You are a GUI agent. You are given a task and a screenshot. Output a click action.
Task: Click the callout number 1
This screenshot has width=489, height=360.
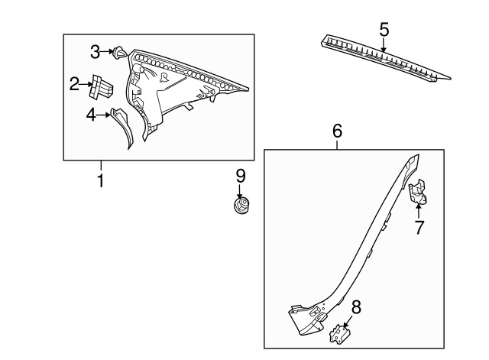click(x=100, y=180)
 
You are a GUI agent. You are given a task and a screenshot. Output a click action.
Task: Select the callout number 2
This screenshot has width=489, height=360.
click(x=74, y=84)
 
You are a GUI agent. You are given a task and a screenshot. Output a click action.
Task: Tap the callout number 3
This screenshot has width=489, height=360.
click(x=95, y=52)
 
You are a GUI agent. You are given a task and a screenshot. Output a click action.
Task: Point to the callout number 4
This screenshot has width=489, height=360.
click(x=91, y=115)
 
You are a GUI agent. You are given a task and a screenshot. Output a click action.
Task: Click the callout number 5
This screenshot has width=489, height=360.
click(x=384, y=29)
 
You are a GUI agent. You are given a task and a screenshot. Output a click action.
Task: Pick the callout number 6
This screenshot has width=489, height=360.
click(x=338, y=131)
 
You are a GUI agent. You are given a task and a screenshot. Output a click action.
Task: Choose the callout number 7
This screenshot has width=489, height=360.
click(x=419, y=227)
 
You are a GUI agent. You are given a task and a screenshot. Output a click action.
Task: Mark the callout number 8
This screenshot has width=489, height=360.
click(x=356, y=307)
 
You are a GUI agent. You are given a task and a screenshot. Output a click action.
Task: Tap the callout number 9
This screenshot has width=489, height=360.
click(x=241, y=176)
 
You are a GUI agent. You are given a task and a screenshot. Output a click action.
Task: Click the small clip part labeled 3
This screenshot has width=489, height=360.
click(x=119, y=53)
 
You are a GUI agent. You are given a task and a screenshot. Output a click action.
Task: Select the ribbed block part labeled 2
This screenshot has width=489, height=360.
click(x=100, y=87)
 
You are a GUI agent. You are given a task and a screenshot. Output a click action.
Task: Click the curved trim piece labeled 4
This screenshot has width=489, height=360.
click(x=123, y=127)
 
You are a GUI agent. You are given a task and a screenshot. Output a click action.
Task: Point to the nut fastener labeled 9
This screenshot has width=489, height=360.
click(x=241, y=206)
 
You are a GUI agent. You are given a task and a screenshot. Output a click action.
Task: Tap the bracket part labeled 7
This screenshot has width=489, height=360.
click(x=418, y=191)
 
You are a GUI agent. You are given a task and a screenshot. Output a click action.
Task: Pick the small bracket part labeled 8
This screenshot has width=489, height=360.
click(x=340, y=335)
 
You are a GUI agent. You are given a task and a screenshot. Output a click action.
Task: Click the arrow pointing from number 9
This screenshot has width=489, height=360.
click(x=240, y=192)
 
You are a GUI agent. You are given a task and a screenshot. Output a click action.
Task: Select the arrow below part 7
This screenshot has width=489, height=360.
click(x=418, y=209)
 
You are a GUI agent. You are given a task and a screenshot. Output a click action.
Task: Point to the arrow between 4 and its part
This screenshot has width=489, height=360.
click(x=103, y=115)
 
